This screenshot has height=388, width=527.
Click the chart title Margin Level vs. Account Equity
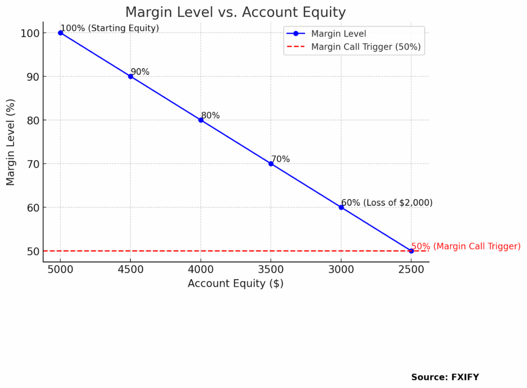(x=236, y=12)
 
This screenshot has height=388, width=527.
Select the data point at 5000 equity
(x=61, y=32)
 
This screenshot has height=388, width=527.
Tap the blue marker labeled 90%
(x=131, y=76)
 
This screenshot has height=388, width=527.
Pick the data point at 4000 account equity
(x=201, y=120)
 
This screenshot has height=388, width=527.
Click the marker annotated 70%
(x=271, y=164)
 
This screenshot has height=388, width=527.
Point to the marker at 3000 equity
(x=341, y=207)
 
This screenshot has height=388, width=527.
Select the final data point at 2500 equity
(x=411, y=251)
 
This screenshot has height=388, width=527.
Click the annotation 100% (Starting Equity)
(x=110, y=28)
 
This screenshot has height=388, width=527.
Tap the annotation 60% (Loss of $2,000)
(x=387, y=203)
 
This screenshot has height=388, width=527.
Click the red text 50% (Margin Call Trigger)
(x=466, y=246)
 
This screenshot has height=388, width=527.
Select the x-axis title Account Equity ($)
(x=235, y=283)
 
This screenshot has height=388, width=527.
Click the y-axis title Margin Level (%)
(x=11, y=142)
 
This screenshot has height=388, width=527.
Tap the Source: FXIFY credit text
(x=445, y=377)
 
